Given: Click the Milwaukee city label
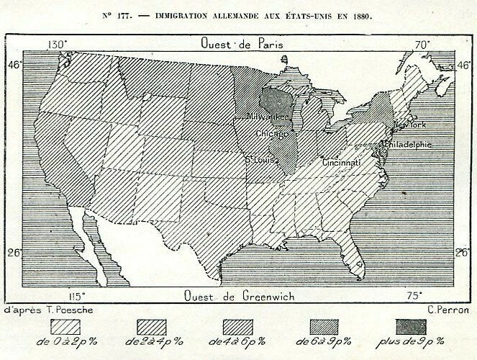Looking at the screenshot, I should pos(268,117).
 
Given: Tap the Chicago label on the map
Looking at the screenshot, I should pos(272,134).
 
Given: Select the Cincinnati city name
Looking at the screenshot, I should pos(341,163).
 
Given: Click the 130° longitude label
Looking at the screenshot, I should pos(58,45).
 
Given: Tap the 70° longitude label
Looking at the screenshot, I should pos(422,45).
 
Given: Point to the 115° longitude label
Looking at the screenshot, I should pos(78,296).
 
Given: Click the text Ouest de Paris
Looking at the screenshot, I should pos(242,44).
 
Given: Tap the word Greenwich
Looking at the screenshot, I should pos(267,296).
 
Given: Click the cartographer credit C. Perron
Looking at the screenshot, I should pos(447,310).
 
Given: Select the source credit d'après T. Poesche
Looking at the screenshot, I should pos(49,310).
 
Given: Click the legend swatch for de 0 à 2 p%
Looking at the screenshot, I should pos(65,326).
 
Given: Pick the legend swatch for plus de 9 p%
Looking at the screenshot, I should pos(411,326).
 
